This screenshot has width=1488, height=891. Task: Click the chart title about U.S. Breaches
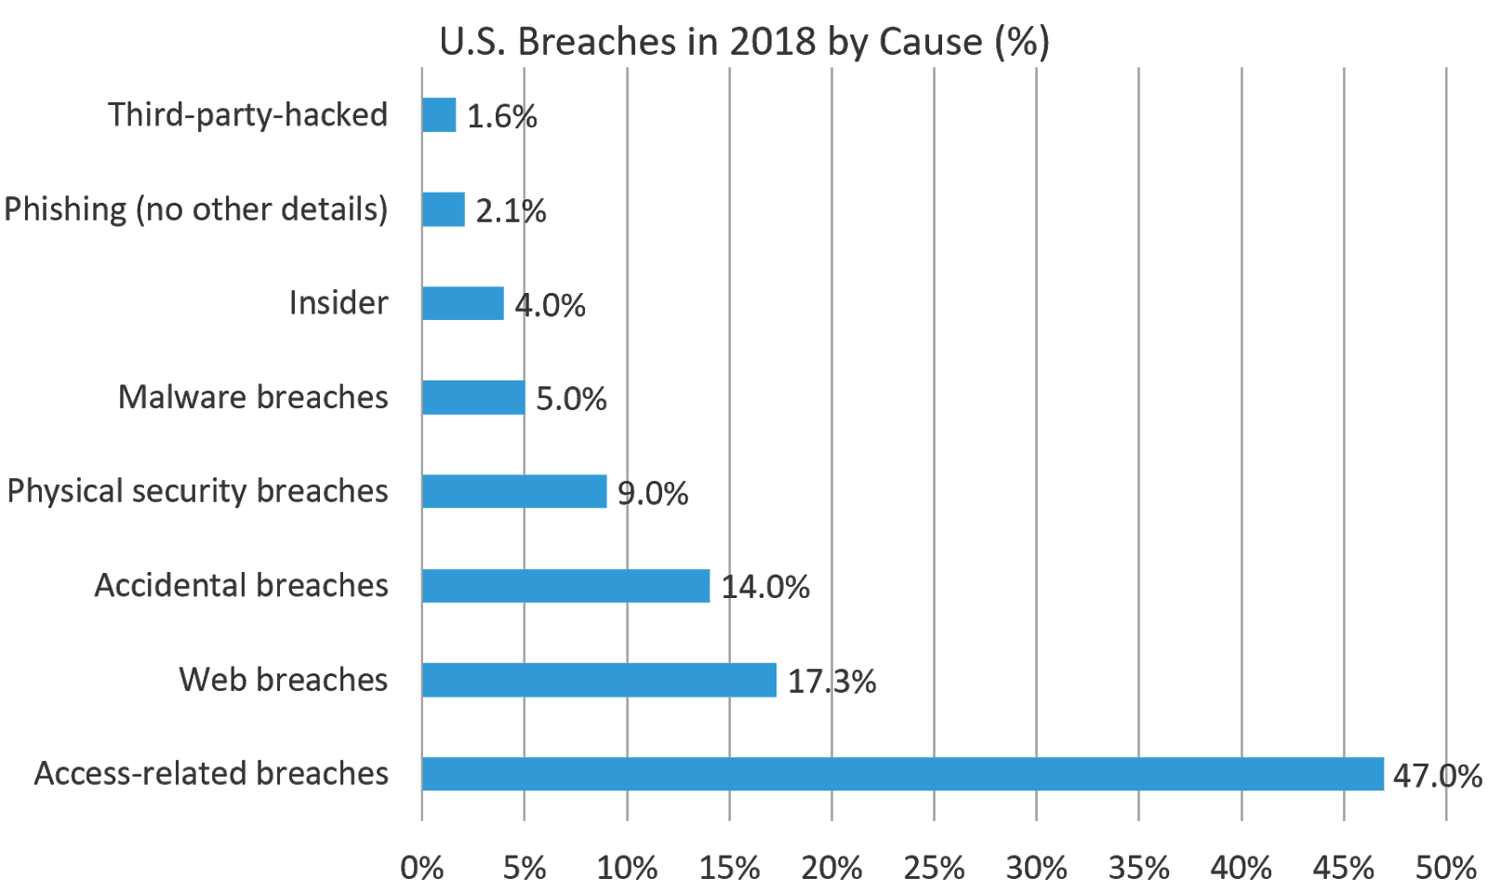[744, 42]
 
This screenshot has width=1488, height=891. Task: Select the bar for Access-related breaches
[902, 774]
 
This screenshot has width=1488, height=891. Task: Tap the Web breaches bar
[599, 680]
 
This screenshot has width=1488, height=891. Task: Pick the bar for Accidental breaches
[565, 586]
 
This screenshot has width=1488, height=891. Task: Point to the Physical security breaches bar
[514, 491]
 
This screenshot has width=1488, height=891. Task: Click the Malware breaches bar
[473, 397]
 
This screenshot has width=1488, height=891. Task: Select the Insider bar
[463, 303]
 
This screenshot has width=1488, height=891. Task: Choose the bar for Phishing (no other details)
[444, 209]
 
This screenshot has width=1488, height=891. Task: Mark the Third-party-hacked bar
[439, 115]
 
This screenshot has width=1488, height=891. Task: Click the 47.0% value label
[1437, 776]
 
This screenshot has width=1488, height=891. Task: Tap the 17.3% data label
[831, 682]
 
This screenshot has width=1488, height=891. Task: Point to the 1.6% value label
[501, 117]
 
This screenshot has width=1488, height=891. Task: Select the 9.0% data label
[653, 493]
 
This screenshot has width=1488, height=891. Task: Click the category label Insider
[338, 303]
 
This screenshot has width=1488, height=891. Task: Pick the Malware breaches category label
[253, 397]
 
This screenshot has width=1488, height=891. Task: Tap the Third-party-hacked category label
[247, 115]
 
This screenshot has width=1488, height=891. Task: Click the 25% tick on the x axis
[934, 868]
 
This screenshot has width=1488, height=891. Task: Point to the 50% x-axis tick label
[1445, 868]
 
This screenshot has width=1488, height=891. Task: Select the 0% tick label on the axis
[421, 868]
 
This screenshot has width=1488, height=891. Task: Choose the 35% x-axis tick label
[1138, 868]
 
